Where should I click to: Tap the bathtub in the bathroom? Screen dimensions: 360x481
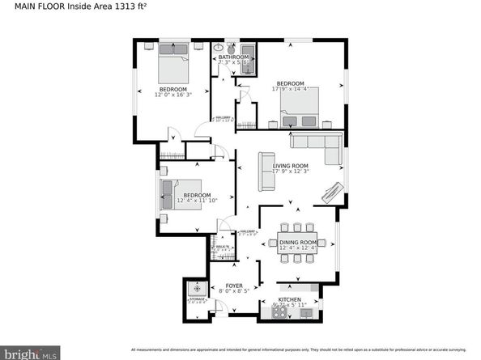pyautogui.click(x=248, y=61)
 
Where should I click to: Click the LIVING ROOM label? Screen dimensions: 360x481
pyautogui.click(x=292, y=166)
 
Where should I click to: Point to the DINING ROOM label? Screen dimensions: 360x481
pyautogui.click(x=296, y=241)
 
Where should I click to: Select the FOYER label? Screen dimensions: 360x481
pyautogui.click(x=234, y=285)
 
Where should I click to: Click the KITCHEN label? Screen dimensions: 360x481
pyautogui.click(x=289, y=299)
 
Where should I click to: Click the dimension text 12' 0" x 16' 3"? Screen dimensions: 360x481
pyautogui.click(x=172, y=95)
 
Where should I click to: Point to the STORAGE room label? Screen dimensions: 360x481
pyautogui.click(x=194, y=299)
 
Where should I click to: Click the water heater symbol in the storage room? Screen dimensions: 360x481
pyautogui.click(x=194, y=287)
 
